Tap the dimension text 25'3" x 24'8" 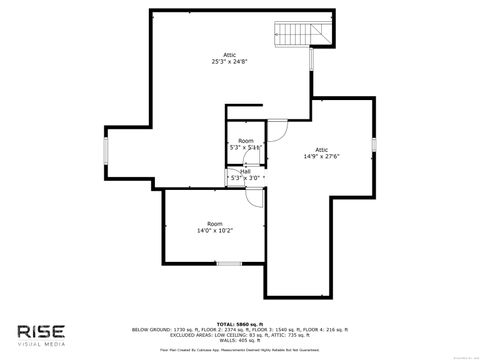pos(229,61)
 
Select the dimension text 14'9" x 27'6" pos(322,156)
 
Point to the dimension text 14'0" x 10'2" pos(215,230)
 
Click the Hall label pos(245,171)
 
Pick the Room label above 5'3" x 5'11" pos(245,141)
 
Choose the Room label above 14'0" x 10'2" pos(215,223)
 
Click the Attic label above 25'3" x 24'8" pos(229,54)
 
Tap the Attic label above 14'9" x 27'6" pos(322,149)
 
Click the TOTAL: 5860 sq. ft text pos(239,323)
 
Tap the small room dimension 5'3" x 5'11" pos(246,148)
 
